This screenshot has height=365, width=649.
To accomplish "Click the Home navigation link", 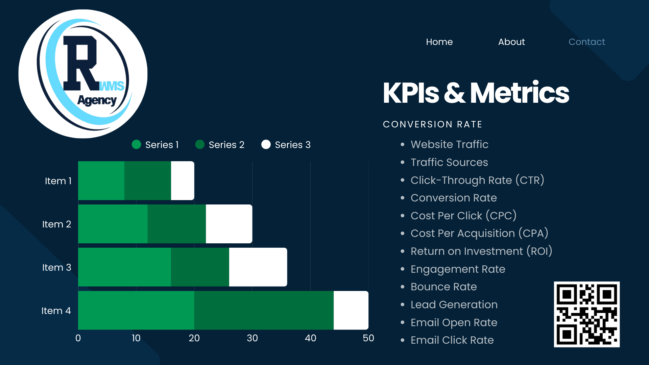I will tap(439, 42).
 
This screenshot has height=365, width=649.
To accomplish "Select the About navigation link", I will tap(511, 42).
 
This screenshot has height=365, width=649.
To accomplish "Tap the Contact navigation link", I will tap(586, 42).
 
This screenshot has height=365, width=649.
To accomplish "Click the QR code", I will tap(586, 314).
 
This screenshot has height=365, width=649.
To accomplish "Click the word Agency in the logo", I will tap(97, 100).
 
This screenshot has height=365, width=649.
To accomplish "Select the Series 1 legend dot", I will tap(136, 145).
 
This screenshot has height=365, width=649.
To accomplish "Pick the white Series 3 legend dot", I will tap(266, 145).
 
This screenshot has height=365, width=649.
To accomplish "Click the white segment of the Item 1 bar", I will tap(183, 180).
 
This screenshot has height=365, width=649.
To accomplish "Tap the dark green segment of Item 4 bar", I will tap(264, 310).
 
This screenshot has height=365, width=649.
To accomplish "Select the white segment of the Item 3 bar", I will tap(258, 267).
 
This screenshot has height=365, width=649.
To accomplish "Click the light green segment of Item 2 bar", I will tap(113, 224).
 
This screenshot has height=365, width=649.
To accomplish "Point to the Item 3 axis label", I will tap(56, 267).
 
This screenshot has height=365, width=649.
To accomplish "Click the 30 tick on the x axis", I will tap(252, 338).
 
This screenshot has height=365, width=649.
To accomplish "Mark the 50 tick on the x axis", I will tap(368, 338).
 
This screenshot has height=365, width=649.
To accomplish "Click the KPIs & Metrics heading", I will tap(476, 93).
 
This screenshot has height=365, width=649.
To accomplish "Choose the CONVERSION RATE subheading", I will tap(432, 124).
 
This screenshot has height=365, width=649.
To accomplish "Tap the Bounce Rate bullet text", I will tap(443, 287).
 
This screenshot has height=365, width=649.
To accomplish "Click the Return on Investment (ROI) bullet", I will tap(481, 251).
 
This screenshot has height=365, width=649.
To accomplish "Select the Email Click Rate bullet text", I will tap(452, 340).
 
